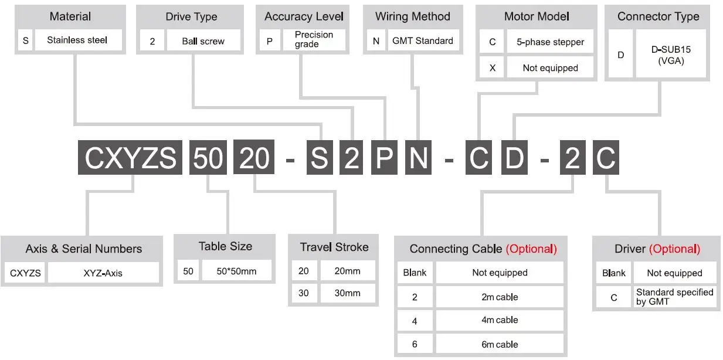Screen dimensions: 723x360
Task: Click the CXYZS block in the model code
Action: click(130, 158)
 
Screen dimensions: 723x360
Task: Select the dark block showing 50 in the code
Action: click(208, 158)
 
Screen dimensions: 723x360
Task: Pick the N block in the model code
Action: click(419, 158)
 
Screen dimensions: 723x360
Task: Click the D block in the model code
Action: click(514, 158)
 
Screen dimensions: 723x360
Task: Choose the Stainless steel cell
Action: click(77, 40)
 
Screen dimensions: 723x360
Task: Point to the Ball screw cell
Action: click(203, 42)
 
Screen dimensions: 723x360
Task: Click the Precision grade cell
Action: click(314, 40)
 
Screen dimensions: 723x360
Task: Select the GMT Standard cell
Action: click(422, 41)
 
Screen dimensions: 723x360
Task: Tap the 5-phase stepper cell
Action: click(550, 42)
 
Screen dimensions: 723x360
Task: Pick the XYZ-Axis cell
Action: click(103, 273)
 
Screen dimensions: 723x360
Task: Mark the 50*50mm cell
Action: click(236, 271)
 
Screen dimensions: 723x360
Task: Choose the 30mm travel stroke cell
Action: click(347, 293)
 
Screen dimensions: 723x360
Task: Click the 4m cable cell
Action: click(500, 320)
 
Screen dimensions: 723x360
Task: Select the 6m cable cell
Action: click(500, 344)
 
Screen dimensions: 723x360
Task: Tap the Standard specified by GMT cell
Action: click(674, 297)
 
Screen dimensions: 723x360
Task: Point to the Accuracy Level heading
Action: click(304, 16)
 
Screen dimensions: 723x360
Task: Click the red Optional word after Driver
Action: click(674, 249)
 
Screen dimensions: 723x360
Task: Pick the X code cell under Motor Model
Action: click(493, 68)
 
